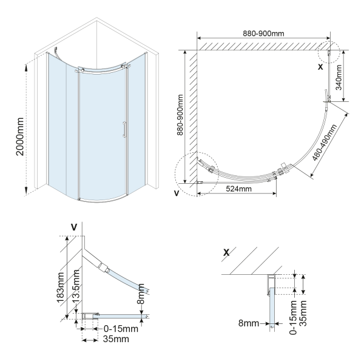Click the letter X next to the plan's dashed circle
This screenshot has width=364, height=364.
[x=320, y=67]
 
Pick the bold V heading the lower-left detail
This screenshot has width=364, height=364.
[x=74, y=227]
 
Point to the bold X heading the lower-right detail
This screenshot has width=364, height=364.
[x=227, y=252]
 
